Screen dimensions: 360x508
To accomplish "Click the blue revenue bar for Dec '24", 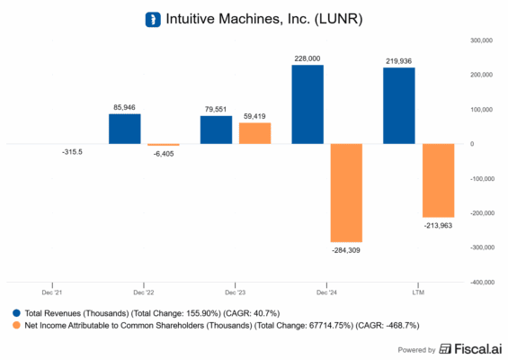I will pyautogui.click(x=307, y=104).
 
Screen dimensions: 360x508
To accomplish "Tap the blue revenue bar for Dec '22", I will pyautogui.click(x=124, y=129).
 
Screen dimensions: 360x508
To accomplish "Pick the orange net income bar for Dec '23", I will pyautogui.click(x=254, y=133).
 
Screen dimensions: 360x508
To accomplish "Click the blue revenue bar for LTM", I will pyautogui.click(x=399, y=106).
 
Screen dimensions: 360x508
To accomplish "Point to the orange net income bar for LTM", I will pyautogui.click(x=438, y=180).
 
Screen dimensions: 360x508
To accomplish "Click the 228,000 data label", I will pyautogui.click(x=307, y=58).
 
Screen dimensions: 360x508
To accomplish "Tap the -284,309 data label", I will pyautogui.click(x=346, y=249).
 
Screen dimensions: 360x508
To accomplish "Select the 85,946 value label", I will pyautogui.click(x=124, y=107).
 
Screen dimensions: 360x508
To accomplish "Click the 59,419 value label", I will pyautogui.click(x=254, y=116).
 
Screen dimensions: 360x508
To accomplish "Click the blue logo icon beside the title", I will pyautogui.click(x=153, y=18).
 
